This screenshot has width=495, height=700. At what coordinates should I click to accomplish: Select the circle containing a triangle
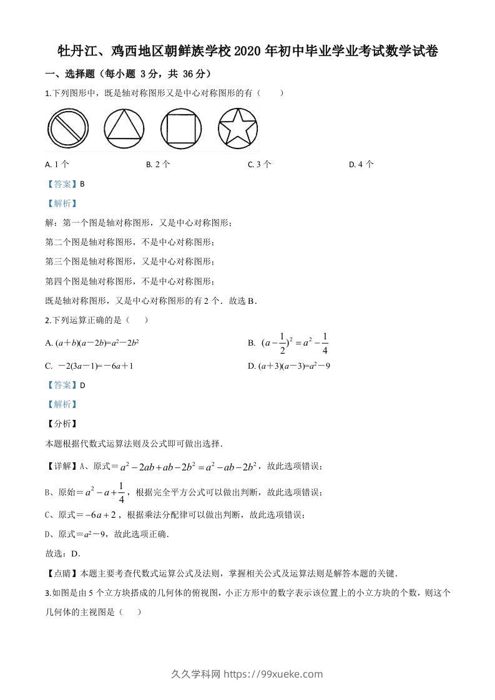tap(124, 130)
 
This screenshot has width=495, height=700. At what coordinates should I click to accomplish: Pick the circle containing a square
tap(181, 130)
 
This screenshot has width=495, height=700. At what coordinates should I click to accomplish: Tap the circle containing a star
tap(238, 130)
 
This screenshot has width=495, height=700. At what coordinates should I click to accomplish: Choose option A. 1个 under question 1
tap(57, 165)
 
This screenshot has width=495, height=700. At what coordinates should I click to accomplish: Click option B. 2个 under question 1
tap(158, 165)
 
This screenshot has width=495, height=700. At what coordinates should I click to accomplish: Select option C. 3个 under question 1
tap(260, 165)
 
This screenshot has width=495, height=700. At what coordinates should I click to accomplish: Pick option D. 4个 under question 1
tap(361, 165)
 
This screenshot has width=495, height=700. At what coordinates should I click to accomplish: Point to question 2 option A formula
tap(92, 343)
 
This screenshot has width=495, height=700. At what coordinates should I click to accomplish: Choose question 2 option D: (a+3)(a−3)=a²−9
tap(289, 366)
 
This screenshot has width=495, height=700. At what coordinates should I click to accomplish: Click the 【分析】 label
tap(61, 424)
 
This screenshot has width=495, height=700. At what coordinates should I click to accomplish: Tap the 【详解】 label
tap(61, 466)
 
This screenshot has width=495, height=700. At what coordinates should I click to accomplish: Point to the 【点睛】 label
tap(61, 573)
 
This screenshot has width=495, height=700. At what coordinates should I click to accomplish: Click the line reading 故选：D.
tap(63, 553)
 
